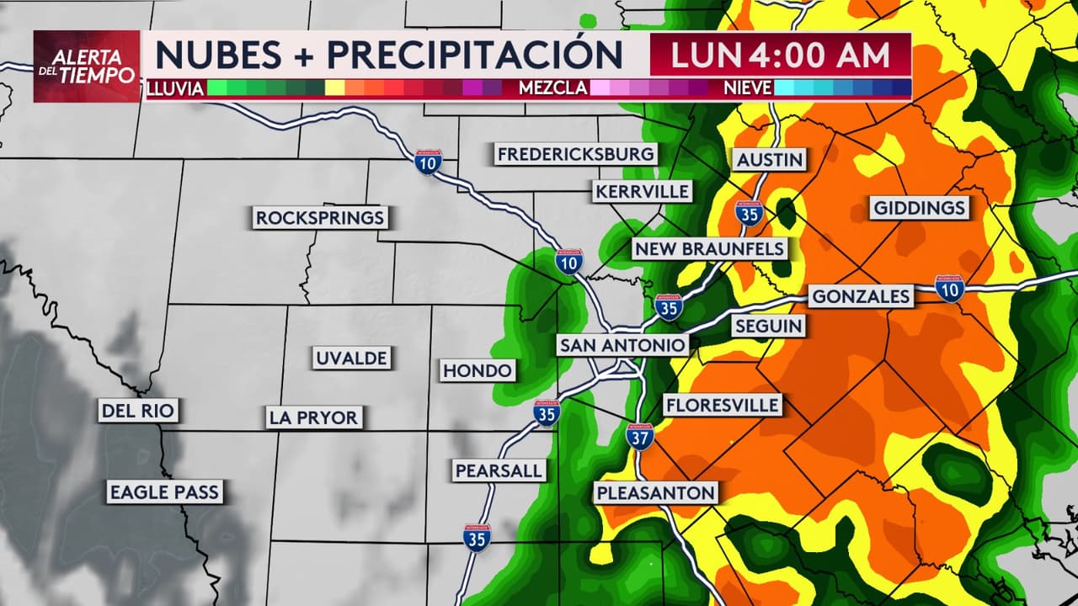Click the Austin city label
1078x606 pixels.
[x=770, y=159]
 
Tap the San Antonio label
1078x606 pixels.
[x=622, y=345]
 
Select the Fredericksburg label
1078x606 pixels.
[x=575, y=154]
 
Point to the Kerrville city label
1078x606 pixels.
[x=642, y=191]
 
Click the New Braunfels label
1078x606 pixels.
[x=709, y=248]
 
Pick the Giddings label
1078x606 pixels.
[x=920, y=208]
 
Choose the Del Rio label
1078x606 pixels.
[x=138, y=411]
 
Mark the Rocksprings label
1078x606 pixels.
[x=320, y=218]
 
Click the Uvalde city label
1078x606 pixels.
[x=351, y=358]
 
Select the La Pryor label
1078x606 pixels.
[x=313, y=417]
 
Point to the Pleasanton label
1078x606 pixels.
[x=656, y=492]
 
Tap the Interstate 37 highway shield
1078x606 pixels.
[x=640, y=436]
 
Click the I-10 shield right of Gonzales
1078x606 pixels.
[x=949, y=288]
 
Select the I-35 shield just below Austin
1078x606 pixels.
[x=748, y=213]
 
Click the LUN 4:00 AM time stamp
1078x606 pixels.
[x=780, y=55]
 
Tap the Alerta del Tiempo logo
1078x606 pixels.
[x=87, y=66]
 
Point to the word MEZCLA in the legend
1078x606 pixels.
[x=552, y=88]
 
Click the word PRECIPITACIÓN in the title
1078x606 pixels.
[x=474, y=55]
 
